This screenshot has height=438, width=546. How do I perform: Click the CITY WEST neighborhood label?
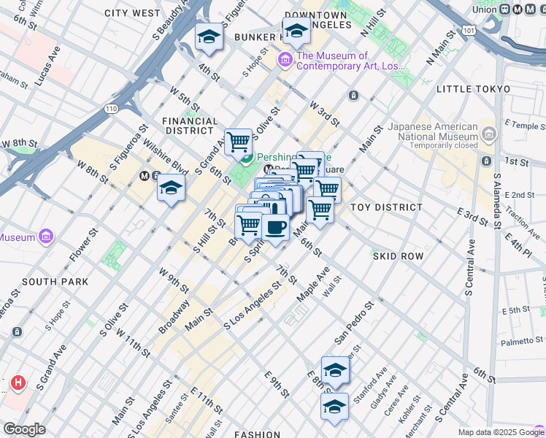tap(132, 13)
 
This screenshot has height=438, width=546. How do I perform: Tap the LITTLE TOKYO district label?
tap(473, 88)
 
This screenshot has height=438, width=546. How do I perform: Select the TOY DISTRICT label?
tap(386, 207)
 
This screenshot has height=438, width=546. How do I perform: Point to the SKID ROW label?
tap(398, 257)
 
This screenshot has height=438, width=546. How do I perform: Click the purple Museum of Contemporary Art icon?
tap(284, 61)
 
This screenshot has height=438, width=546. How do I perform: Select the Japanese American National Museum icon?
tap(488, 134)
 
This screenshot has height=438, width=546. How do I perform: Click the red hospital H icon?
tap(18, 383)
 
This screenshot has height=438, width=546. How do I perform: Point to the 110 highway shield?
tap(110, 108)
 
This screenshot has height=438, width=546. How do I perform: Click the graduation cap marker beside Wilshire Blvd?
tap(170, 189)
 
